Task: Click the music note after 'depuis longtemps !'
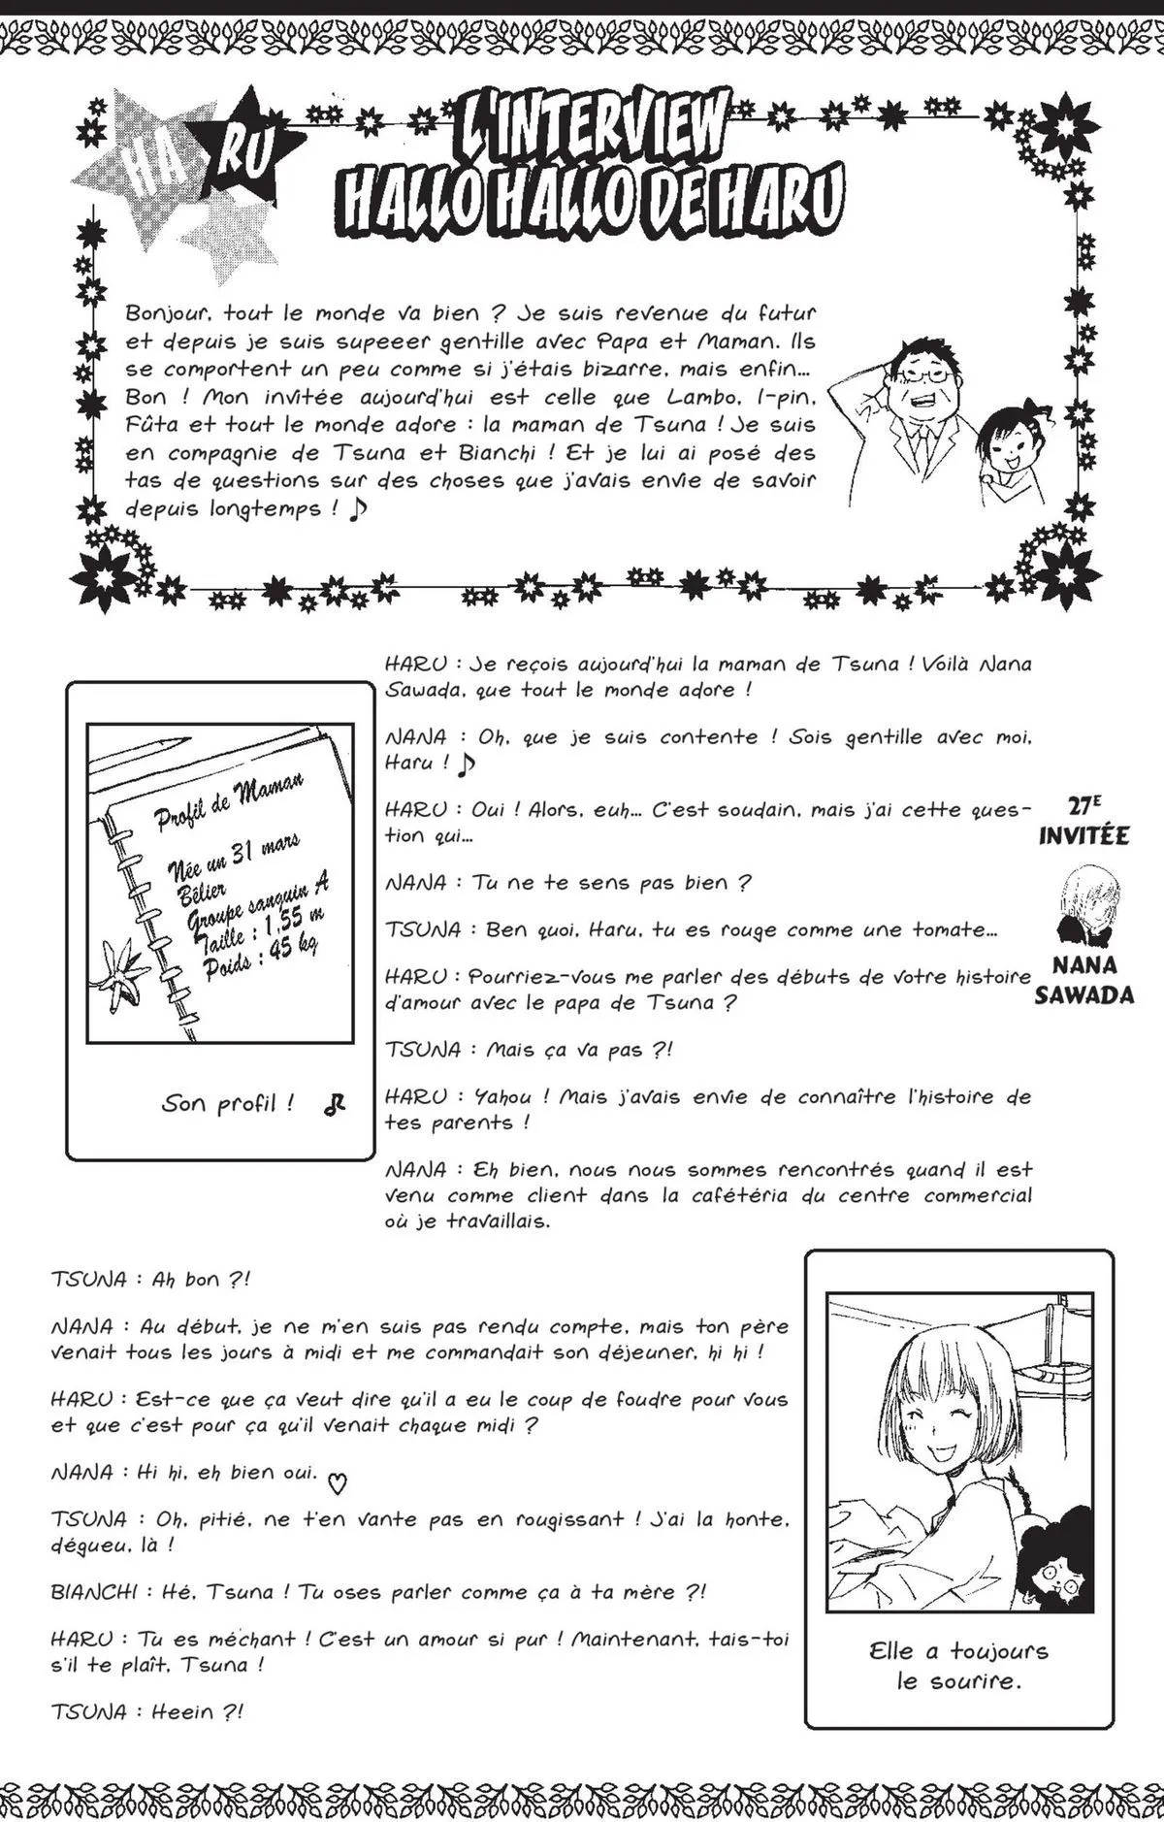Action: point(360,508)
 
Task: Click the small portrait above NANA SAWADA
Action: point(1085,905)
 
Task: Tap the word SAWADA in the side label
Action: point(1083,994)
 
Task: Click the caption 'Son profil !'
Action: point(228,1103)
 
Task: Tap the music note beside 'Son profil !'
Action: point(335,1103)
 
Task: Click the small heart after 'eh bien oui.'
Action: point(337,1481)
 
